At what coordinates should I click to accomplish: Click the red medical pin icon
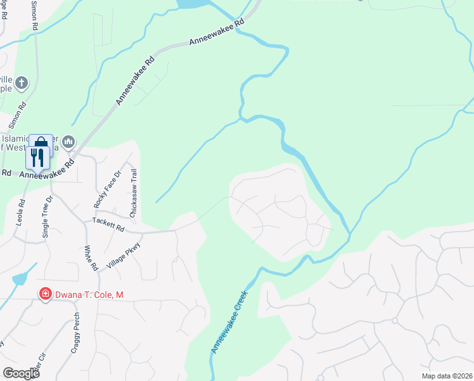point(45,294)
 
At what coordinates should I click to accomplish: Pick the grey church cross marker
point(22,82)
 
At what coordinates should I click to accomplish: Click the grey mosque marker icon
point(68,141)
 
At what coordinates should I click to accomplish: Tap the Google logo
point(21,373)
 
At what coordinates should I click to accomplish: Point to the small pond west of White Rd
point(20,278)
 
